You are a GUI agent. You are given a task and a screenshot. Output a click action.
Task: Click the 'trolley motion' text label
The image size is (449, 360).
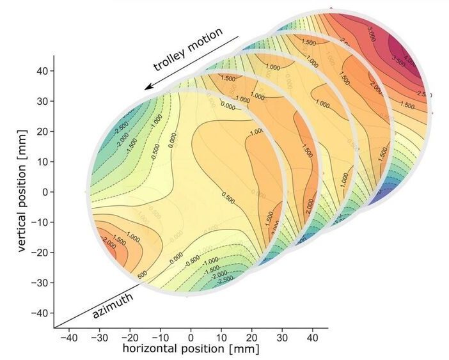188,49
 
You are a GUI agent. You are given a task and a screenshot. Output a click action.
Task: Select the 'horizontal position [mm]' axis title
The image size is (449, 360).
191,349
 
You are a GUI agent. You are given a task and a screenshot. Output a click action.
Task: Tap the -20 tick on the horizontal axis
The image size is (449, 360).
129,336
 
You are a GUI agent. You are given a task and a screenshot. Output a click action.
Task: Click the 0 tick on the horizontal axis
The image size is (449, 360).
191,336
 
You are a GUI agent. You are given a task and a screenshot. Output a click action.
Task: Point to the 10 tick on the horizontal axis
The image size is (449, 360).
221,336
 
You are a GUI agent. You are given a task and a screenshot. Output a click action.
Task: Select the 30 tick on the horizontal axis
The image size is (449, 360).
282,336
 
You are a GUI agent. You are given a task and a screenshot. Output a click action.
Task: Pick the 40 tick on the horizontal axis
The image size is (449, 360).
313,336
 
